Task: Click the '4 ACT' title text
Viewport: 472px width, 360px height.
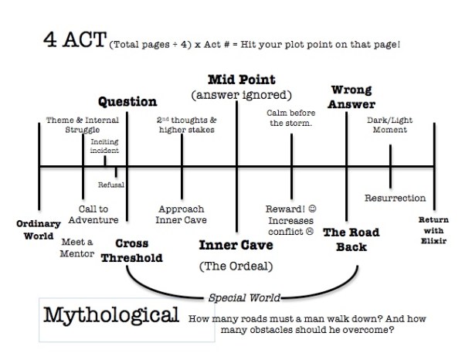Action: (x=70, y=41)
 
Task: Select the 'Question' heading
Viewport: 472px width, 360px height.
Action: (x=127, y=101)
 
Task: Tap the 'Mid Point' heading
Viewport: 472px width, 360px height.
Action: (x=241, y=80)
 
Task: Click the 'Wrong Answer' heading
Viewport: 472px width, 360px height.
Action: (x=353, y=97)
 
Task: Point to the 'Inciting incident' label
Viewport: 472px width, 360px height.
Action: (x=104, y=146)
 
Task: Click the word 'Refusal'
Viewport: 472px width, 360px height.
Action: (x=110, y=184)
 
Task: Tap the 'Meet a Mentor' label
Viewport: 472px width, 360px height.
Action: (x=76, y=247)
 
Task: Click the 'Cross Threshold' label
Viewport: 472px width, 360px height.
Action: (x=132, y=250)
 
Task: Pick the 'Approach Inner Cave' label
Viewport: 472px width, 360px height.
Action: (x=181, y=214)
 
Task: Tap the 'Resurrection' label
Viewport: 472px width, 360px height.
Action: (x=395, y=198)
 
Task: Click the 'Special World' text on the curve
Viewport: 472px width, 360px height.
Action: (x=245, y=297)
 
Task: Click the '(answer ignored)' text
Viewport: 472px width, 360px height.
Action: (x=240, y=96)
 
